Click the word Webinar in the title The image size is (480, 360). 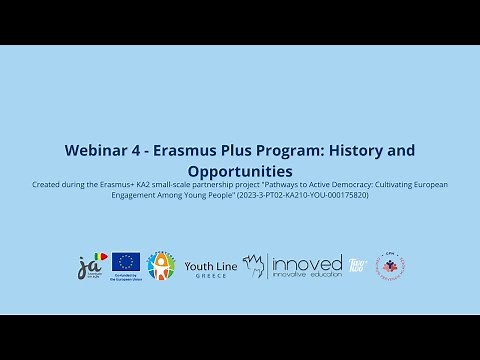tap(97, 150)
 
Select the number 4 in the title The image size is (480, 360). tap(140, 150)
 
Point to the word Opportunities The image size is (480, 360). tap(240, 171)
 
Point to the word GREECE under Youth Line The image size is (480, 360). tap(210, 275)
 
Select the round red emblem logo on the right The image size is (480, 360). tap(390, 266)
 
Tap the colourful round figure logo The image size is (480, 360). tap(160, 266)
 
